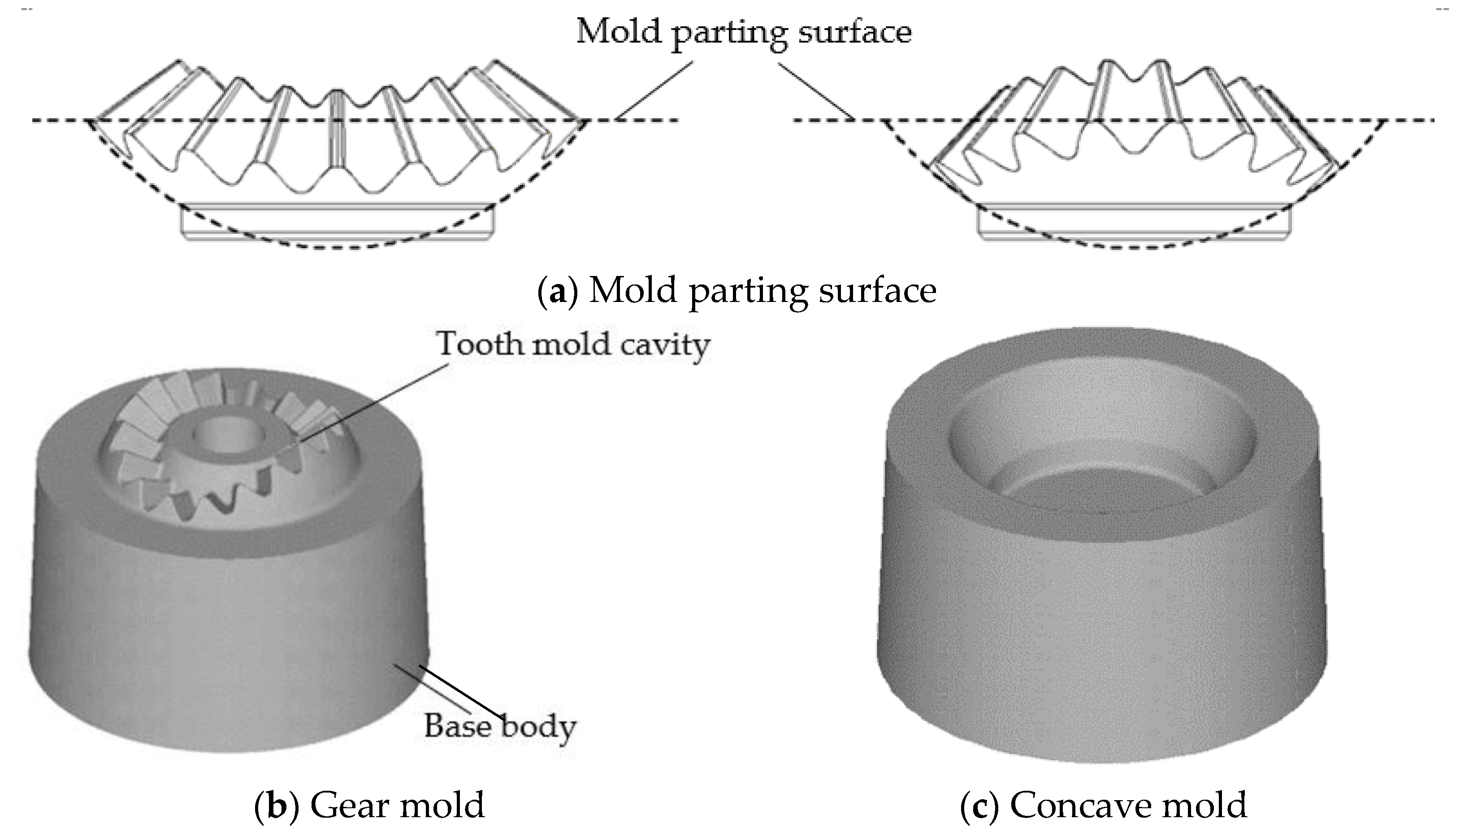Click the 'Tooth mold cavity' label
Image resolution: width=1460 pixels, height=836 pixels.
[573, 345]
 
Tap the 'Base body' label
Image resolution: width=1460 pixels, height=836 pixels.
[500, 726]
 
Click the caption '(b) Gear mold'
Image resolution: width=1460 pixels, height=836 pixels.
[369, 805]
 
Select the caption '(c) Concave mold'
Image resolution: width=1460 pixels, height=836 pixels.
[1103, 805]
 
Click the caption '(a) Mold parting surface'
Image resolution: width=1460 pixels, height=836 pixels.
[737, 290]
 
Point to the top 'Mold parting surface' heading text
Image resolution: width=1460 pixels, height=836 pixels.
[744, 31]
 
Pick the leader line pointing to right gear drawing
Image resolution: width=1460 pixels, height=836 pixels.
[815, 90]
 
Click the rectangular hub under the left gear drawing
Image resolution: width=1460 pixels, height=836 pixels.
[337, 220]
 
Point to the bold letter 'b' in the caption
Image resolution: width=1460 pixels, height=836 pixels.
[277, 805]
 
